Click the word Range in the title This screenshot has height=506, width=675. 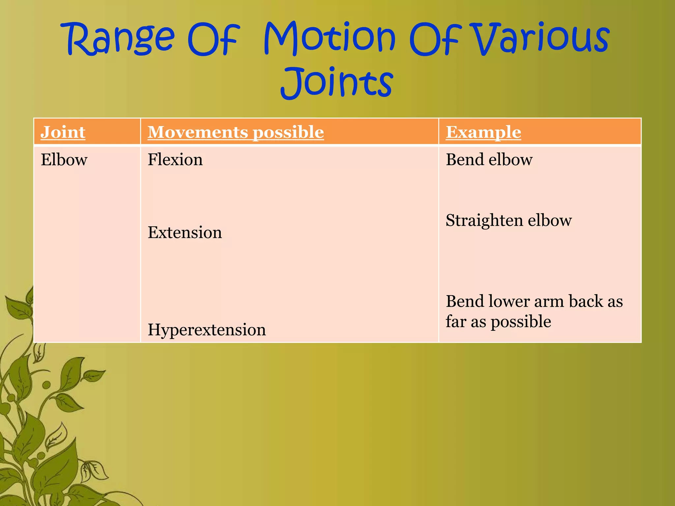(x=120, y=39)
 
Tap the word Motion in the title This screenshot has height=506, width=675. (x=330, y=38)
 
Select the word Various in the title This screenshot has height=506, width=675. (x=541, y=38)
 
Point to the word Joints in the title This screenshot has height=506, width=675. (x=337, y=82)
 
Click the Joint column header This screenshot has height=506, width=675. (x=63, y=132)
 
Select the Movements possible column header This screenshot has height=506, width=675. (x=235, y=132)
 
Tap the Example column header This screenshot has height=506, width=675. (x=483, y=132)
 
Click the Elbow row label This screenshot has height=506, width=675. (x=64, y=160)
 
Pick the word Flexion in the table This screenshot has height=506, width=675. (x=175, y=160)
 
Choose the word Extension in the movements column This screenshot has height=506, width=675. (x=185, y=233)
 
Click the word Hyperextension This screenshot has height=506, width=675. (x=207, y=330)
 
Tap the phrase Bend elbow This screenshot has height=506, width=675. (x=489, y=160)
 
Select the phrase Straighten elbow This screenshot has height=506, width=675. (x=509, y=220)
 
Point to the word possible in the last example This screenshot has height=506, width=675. (x=521, y=322)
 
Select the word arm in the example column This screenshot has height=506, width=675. (x=548, y=302)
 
